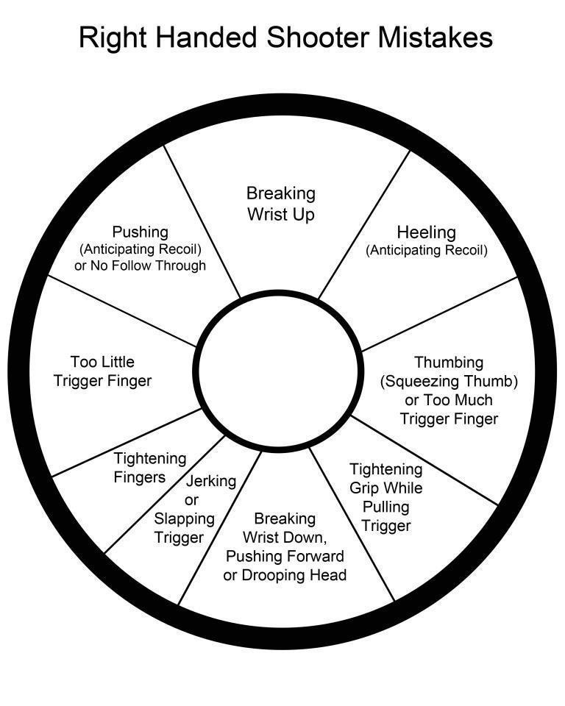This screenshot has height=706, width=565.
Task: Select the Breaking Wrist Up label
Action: coord(280,204)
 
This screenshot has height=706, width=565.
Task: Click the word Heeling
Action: coord(426,232)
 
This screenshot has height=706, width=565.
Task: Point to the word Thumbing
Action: coord(449,362)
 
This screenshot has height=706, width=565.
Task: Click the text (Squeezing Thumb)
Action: coord(449,381)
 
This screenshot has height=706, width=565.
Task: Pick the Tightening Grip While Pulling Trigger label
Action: coord(385,497)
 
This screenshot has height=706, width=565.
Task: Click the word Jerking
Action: coord(211,481)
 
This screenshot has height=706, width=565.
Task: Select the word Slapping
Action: coord(184,518)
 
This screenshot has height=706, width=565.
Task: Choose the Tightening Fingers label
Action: coord(149,468)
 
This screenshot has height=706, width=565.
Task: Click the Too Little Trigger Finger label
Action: coord(111,371)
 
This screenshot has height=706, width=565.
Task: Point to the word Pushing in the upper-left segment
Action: coord(140,232)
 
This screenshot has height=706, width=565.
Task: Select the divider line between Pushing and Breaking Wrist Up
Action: coord(202,221)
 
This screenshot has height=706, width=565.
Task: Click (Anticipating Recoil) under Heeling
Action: coord(426,250)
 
